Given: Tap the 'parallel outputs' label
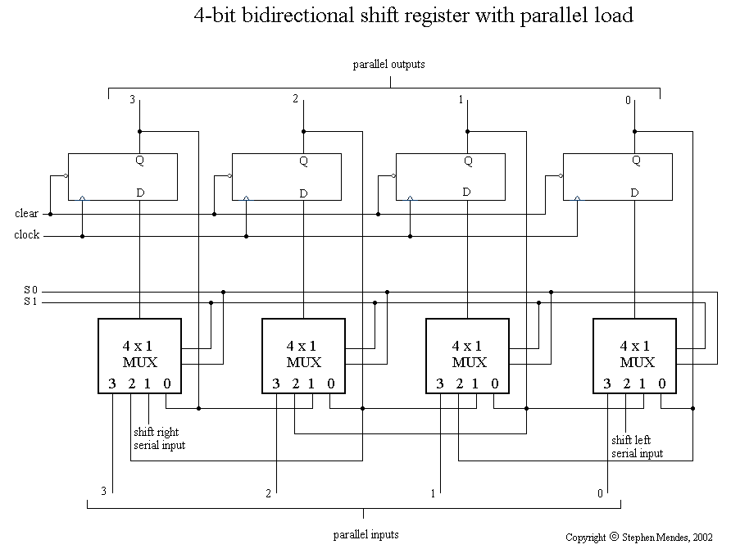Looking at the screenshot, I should tap(388, 64).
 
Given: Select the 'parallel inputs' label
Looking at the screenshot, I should tap(366, 534).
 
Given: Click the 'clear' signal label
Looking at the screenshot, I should tap(26, 214).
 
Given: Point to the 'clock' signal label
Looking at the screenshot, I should tap(26, 236).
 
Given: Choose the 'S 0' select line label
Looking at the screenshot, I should tap(30, 290).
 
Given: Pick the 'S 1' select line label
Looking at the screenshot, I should tap(30, 302).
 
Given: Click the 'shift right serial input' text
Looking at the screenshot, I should tap(159, 438).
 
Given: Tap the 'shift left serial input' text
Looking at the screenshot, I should tap(637, 447).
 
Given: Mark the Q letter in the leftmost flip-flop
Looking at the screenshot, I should tap(139, 161).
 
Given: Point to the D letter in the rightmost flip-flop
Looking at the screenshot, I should tap(635, 193).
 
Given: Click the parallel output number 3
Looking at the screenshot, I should tap(133, 100).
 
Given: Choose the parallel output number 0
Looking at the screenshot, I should tap(628, 100).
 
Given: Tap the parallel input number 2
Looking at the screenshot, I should tap(268, 493).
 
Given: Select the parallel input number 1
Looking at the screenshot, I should tap(433, 493).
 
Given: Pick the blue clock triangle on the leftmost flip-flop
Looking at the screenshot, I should tap(82, 197).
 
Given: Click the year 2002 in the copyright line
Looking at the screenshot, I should tap(702, 538).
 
